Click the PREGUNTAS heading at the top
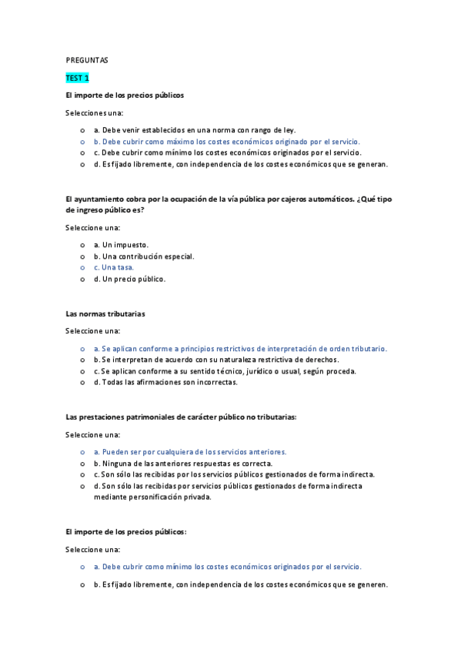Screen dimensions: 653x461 point(86,59)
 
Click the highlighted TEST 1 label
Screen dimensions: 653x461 point(78,78)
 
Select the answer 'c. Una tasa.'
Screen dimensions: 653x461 point(113,267)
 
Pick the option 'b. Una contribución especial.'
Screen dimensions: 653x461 point(144,256)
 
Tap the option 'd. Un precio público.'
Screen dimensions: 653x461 point(129,279)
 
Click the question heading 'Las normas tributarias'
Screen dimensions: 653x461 point(105,313)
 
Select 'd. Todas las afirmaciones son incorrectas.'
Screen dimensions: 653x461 point(165,382)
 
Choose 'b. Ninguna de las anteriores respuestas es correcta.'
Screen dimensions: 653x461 point(182,464)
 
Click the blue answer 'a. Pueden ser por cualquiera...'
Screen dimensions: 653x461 point(189,452)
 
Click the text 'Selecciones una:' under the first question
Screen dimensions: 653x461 point(95,113)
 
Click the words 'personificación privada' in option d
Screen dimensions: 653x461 point(166,497)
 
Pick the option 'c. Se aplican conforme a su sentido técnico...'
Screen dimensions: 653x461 point(225,371)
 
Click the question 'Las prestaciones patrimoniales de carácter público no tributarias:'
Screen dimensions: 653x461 point(181,417)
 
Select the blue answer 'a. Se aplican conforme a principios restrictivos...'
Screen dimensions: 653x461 point(240,348)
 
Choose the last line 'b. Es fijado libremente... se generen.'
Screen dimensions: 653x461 point(240,584)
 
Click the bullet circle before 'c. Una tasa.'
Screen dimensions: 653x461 point(82,267)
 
